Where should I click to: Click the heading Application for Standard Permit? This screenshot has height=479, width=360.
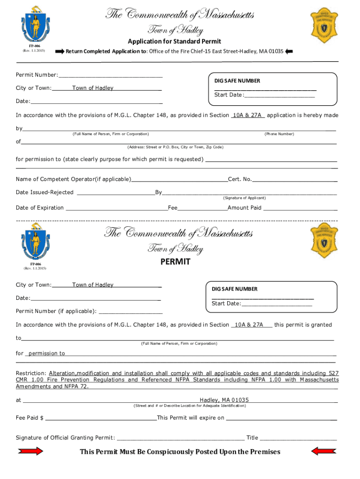[x=175, y=42]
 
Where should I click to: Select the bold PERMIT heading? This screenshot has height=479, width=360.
[x=175, y=262]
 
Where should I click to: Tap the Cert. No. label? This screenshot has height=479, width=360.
[x=240, y=179]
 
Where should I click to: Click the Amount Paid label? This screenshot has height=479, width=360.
[x=245, y=208]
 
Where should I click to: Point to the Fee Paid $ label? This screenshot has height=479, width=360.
[x=30, y=418]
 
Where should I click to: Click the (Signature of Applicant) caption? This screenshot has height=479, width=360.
[x=244, y=198]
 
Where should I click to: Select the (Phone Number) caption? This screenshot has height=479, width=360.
[x=279, y=134]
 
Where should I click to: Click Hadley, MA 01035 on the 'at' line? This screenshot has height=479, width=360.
[x=224, y=400]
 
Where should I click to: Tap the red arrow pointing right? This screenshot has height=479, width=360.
[x=30, y=451]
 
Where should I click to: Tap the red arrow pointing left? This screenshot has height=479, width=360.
[x=321, y=451]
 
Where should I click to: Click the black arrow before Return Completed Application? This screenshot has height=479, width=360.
[x=59, y=51]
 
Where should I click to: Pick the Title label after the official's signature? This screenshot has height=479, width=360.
[x=252, y=438]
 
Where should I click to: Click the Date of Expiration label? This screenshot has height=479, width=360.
[x=40, y=208]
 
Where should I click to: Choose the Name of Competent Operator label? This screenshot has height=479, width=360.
[x=73, y=179]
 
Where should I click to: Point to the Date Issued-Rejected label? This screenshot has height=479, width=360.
[x=44, y=192]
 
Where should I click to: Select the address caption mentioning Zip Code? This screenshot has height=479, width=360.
[x=175, y=147]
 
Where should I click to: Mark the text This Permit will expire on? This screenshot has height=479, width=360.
[x=191, y=418]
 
